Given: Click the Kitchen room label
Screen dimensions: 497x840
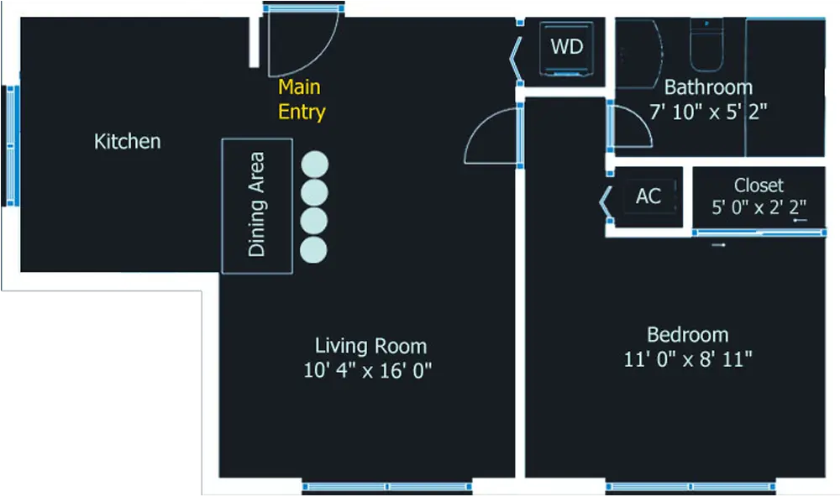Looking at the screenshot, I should point(127,141).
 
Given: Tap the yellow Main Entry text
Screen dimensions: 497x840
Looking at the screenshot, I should point(301,99).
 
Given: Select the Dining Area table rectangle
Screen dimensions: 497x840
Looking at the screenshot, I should point(256,206).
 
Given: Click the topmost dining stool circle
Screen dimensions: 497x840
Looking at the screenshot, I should point(314,164).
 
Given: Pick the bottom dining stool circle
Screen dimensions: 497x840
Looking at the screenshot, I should point(313,249).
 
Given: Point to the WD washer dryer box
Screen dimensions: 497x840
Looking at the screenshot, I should point(567,47).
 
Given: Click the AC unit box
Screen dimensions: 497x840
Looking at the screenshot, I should point(648,197).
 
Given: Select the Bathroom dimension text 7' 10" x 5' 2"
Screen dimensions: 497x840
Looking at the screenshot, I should point(708,112).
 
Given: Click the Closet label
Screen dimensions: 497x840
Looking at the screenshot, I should point(759,186).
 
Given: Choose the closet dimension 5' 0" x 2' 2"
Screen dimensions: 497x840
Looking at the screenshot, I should point(759,208).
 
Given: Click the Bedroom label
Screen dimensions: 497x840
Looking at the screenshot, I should point(687,335).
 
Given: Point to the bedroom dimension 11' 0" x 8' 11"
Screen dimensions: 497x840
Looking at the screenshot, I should point(687,359).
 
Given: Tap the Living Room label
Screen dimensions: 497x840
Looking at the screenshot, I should point(370,345).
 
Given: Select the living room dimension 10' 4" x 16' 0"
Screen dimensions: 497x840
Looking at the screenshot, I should point(368,369).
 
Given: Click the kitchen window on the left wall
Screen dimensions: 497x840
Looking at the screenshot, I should point(11,145).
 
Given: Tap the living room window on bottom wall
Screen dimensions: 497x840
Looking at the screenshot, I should point(386,486).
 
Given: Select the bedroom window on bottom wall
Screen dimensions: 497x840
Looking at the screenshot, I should point(690,486).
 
